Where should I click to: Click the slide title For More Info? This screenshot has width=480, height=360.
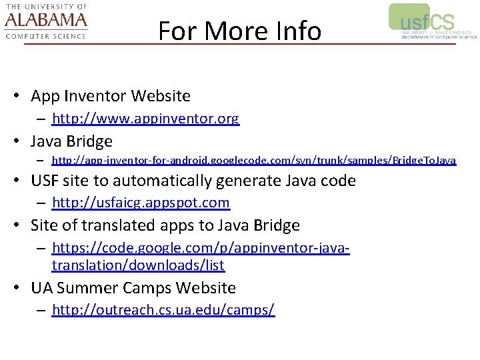(239, 31)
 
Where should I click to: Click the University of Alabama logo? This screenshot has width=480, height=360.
(46, 21)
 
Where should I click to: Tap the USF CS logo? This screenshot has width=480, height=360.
(432, 22)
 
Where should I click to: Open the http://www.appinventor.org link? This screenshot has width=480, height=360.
(145, 119)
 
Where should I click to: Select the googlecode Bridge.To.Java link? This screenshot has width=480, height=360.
(253, 161)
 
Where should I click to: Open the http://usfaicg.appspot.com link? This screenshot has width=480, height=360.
(140, 203)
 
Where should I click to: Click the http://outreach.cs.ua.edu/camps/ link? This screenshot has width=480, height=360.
(163, 310)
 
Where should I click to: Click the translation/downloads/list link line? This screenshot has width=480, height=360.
(137, 265)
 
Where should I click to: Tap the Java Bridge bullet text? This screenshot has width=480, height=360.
(71, 141)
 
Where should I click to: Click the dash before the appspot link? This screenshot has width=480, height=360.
(41, 203)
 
